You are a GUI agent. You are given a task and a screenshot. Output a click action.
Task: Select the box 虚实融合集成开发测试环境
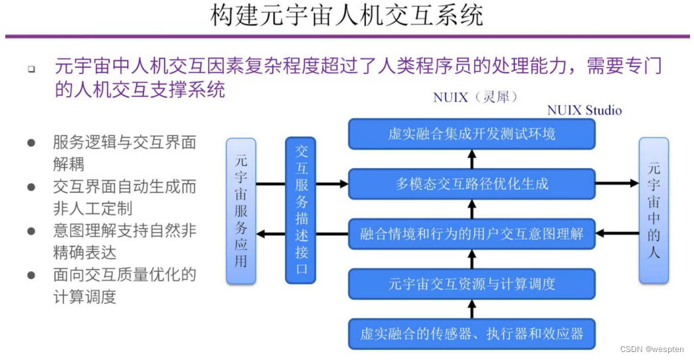click(472, 134)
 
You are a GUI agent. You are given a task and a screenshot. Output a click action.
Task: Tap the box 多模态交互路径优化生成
click(472, 183)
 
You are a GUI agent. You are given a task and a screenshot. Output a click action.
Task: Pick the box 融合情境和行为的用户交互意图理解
click(472, 233)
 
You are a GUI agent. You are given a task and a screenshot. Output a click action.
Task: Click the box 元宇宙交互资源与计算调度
click(472, 284)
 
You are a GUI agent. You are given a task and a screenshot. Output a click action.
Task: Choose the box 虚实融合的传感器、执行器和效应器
click(472, 333)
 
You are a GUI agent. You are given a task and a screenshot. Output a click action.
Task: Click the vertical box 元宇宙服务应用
click(240, 211)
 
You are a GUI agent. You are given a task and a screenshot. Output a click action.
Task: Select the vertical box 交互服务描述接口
click(301, 211)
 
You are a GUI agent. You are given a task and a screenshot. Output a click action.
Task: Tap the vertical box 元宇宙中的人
click(653, 211)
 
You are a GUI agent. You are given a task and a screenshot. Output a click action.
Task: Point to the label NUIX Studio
click(584, 110)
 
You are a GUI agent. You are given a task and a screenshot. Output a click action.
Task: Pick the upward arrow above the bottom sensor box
click(472, 309)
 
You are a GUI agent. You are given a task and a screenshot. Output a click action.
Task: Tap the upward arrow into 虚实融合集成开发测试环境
click(472, 159)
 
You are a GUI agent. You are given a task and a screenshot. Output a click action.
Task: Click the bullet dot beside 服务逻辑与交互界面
click(31, 143)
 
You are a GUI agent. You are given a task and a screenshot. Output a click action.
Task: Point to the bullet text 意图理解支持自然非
click(124, 231)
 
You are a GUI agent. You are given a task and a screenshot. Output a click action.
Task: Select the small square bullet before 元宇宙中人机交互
click(31, 69)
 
